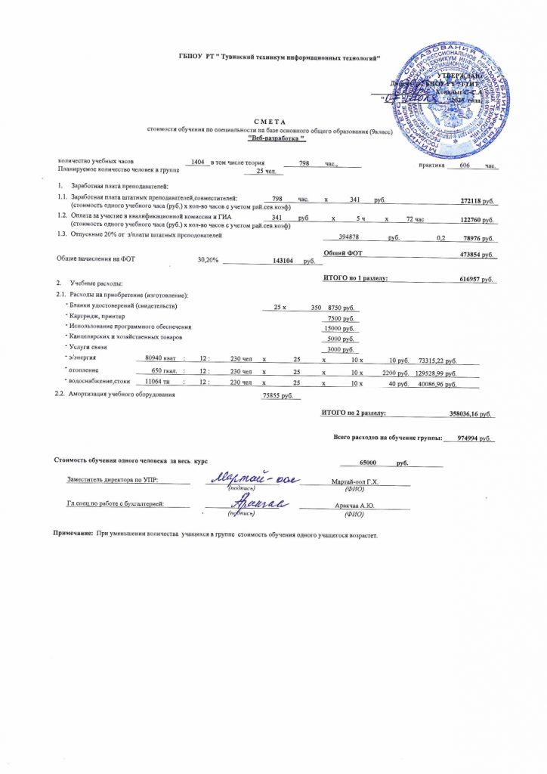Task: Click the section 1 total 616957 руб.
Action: [x=476, y=280]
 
